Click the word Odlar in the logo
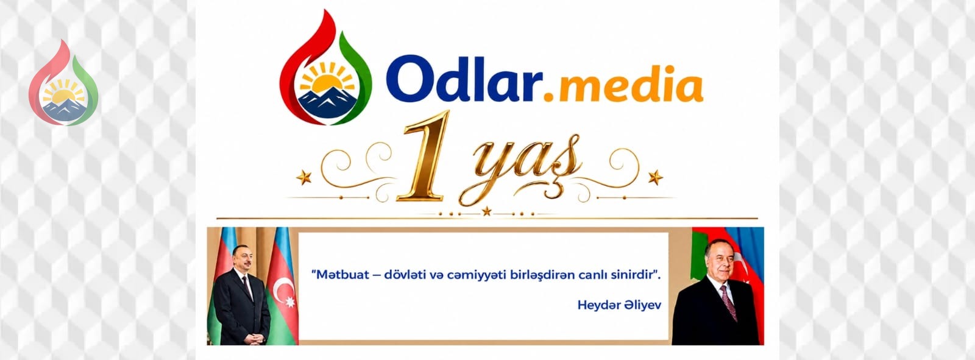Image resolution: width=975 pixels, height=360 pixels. click(x=464, y=79)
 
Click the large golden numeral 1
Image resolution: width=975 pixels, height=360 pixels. click(x=424, y=156)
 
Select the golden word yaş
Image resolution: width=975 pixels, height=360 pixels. click(x=521, y=168)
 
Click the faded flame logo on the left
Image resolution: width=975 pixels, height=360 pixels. click(x=63, y=83)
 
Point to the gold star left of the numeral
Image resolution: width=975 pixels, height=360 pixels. click(x=304, y=177)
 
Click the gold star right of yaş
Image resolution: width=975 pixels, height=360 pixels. click(x=655, y=177)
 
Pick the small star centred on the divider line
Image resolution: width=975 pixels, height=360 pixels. click(x=487, y=211)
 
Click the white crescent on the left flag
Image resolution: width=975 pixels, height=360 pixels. click(x=283, y=288)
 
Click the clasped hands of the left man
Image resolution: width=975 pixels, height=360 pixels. click(x=255, y=338)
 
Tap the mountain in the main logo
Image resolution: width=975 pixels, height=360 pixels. click(x=327, y=103)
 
